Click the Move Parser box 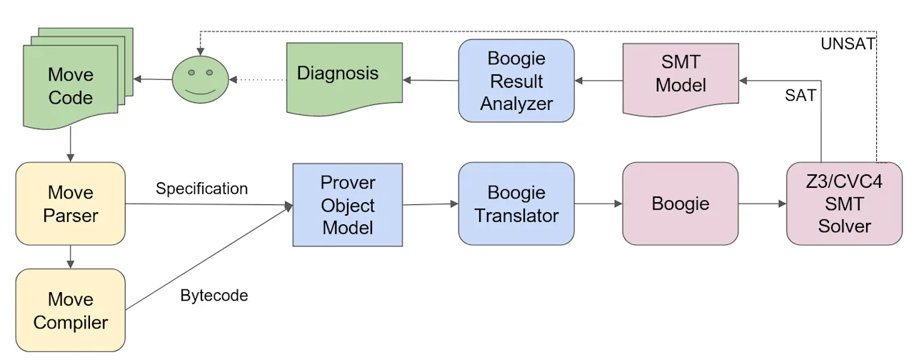tap(71, 204)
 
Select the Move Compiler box tap(71, 310)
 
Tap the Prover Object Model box tap(348, 205)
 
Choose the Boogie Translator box tap(516, 204)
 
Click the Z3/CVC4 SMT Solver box tap(844, 204)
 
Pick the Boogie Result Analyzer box tap(516, 81)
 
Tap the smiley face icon tap(201, 79)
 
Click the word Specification tap(201, 189)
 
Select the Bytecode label tap(214, 295)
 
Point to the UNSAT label tap(848, 44)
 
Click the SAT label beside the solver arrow tap(800, 95)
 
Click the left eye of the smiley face tap(191, 73)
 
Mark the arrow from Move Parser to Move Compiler tap(71, 256)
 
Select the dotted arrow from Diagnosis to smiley tap(258, 79)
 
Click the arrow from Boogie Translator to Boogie tap(598, 204)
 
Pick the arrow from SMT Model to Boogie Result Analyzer tap(598, 81)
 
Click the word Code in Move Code tap(71, 98)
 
